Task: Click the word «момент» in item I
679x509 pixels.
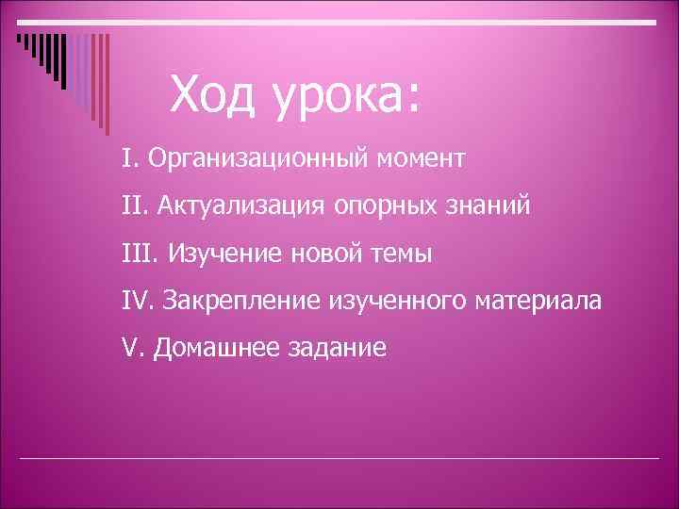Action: [x=420, y=157]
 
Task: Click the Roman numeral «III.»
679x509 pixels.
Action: [x=142, y=253]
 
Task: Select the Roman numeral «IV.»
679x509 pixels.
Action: [x=138, y=301]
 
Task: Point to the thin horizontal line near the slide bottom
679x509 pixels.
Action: [x=339, y=458]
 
